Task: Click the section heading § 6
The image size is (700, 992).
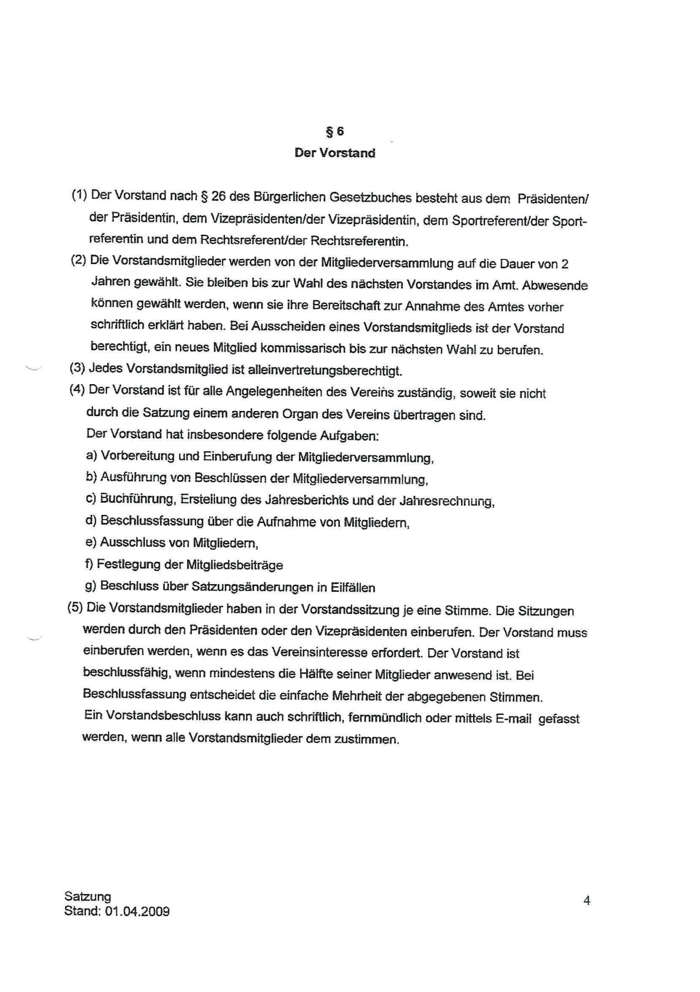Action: coord(335,132)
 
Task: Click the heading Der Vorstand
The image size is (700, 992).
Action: coord(335,153)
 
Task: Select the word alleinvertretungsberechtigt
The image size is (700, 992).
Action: coord(325,371)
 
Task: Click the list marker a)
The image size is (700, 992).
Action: coord(91,455)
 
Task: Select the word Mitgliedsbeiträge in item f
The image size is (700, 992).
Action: coord(235,565)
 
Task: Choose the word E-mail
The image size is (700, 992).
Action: coord(513,719)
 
